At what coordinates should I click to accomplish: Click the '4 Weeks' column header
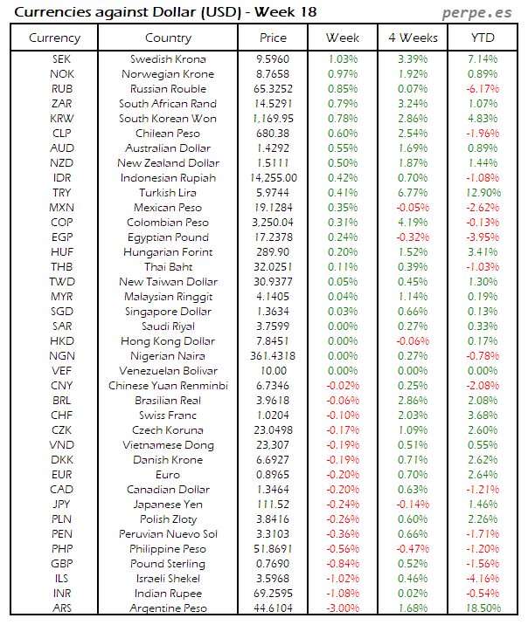click(412, 38)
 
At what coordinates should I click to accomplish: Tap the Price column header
click(274, 38)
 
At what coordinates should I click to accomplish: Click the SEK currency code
click(62, 58)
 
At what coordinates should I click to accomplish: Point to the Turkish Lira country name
click(169, 192)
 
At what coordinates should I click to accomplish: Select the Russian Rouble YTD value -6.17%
click(483, 88)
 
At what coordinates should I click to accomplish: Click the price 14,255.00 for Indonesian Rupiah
click(274, 177)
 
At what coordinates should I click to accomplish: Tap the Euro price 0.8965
click(274, 474)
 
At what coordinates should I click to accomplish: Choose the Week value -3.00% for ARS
click(342, 608)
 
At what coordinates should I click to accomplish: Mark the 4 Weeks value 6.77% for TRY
click(412, 192)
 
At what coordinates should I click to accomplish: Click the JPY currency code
click(62, 504)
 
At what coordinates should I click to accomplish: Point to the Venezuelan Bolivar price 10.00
click(274, 370)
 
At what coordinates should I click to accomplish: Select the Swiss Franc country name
click(169, 415)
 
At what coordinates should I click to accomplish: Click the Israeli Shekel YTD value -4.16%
click(483, 578)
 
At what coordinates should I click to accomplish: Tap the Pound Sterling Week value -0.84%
click(342, 563)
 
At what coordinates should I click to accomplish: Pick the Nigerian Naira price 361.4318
click(274, 355)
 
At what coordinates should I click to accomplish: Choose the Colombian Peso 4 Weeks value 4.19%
click(412, 222)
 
